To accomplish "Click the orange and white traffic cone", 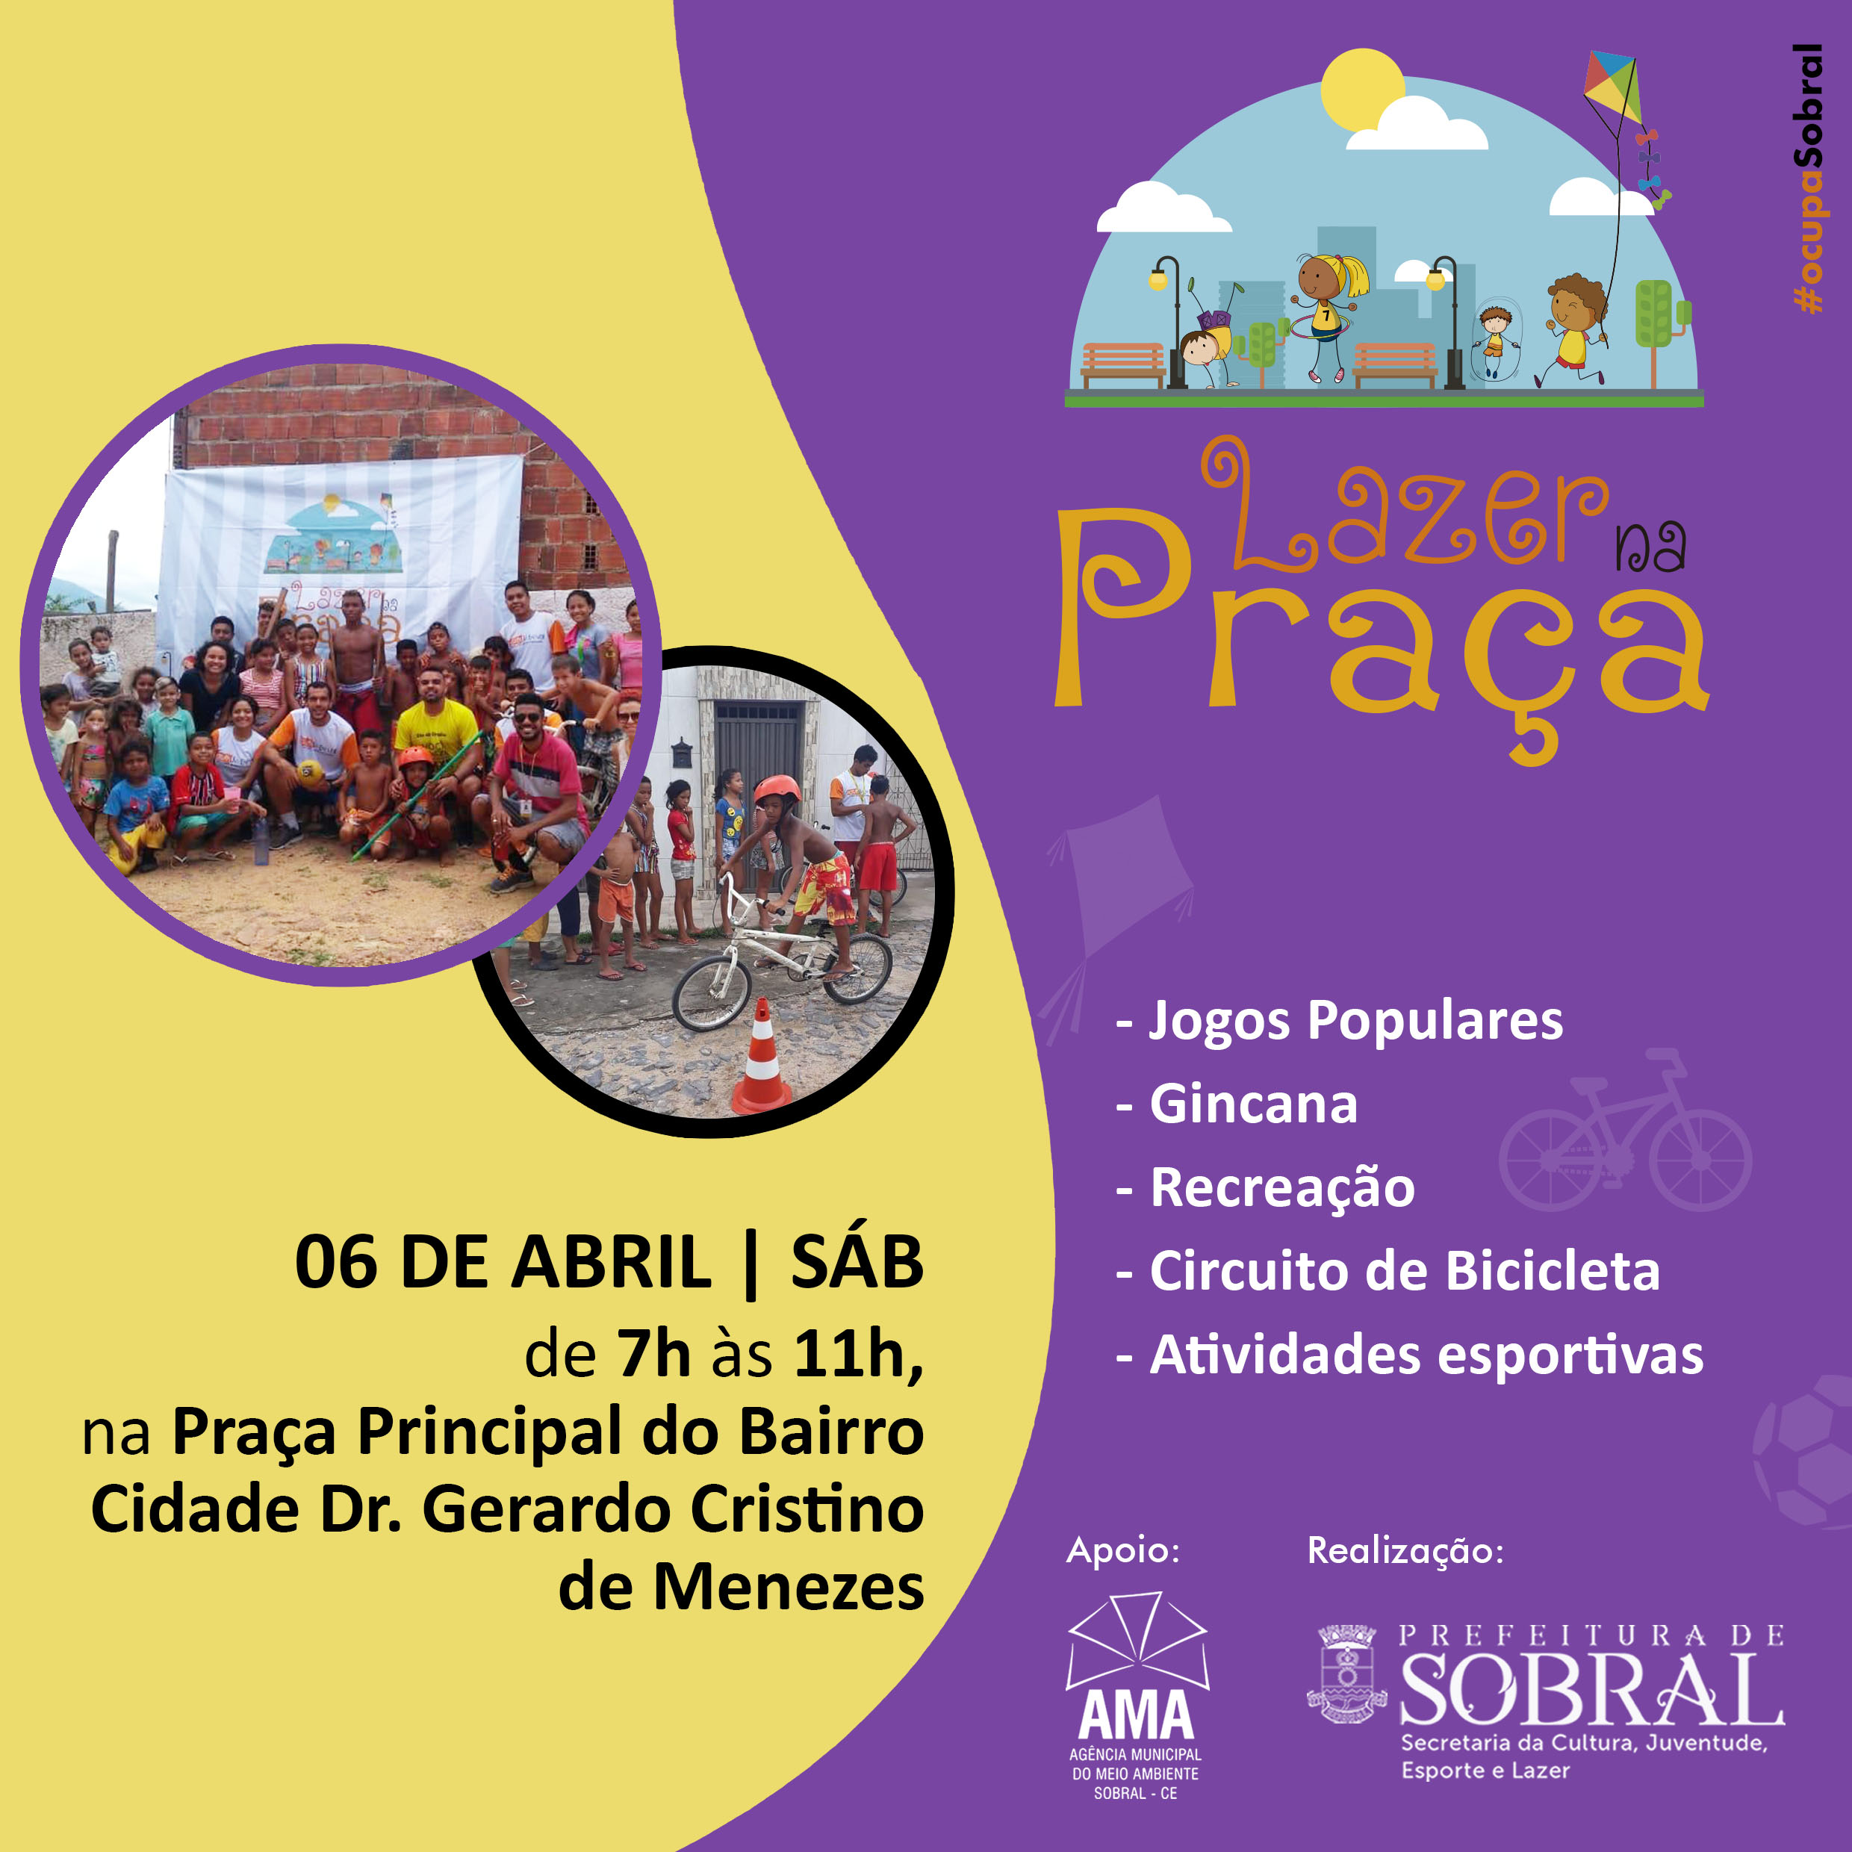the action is click(762, 1057).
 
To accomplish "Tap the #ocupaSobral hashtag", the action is click(1807, 178).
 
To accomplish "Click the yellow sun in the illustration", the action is click(1361, 89).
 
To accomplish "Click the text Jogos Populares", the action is click(1356, 1021).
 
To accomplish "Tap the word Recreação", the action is click(1283, 1187).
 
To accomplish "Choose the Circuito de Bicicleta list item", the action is click(1405, 1271).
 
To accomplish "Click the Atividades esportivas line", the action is click(1426, 1355).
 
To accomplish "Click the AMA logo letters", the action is click(1137, 1715).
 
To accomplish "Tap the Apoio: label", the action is click(1122, 1551).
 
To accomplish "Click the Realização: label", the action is click(1405, 1551).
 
